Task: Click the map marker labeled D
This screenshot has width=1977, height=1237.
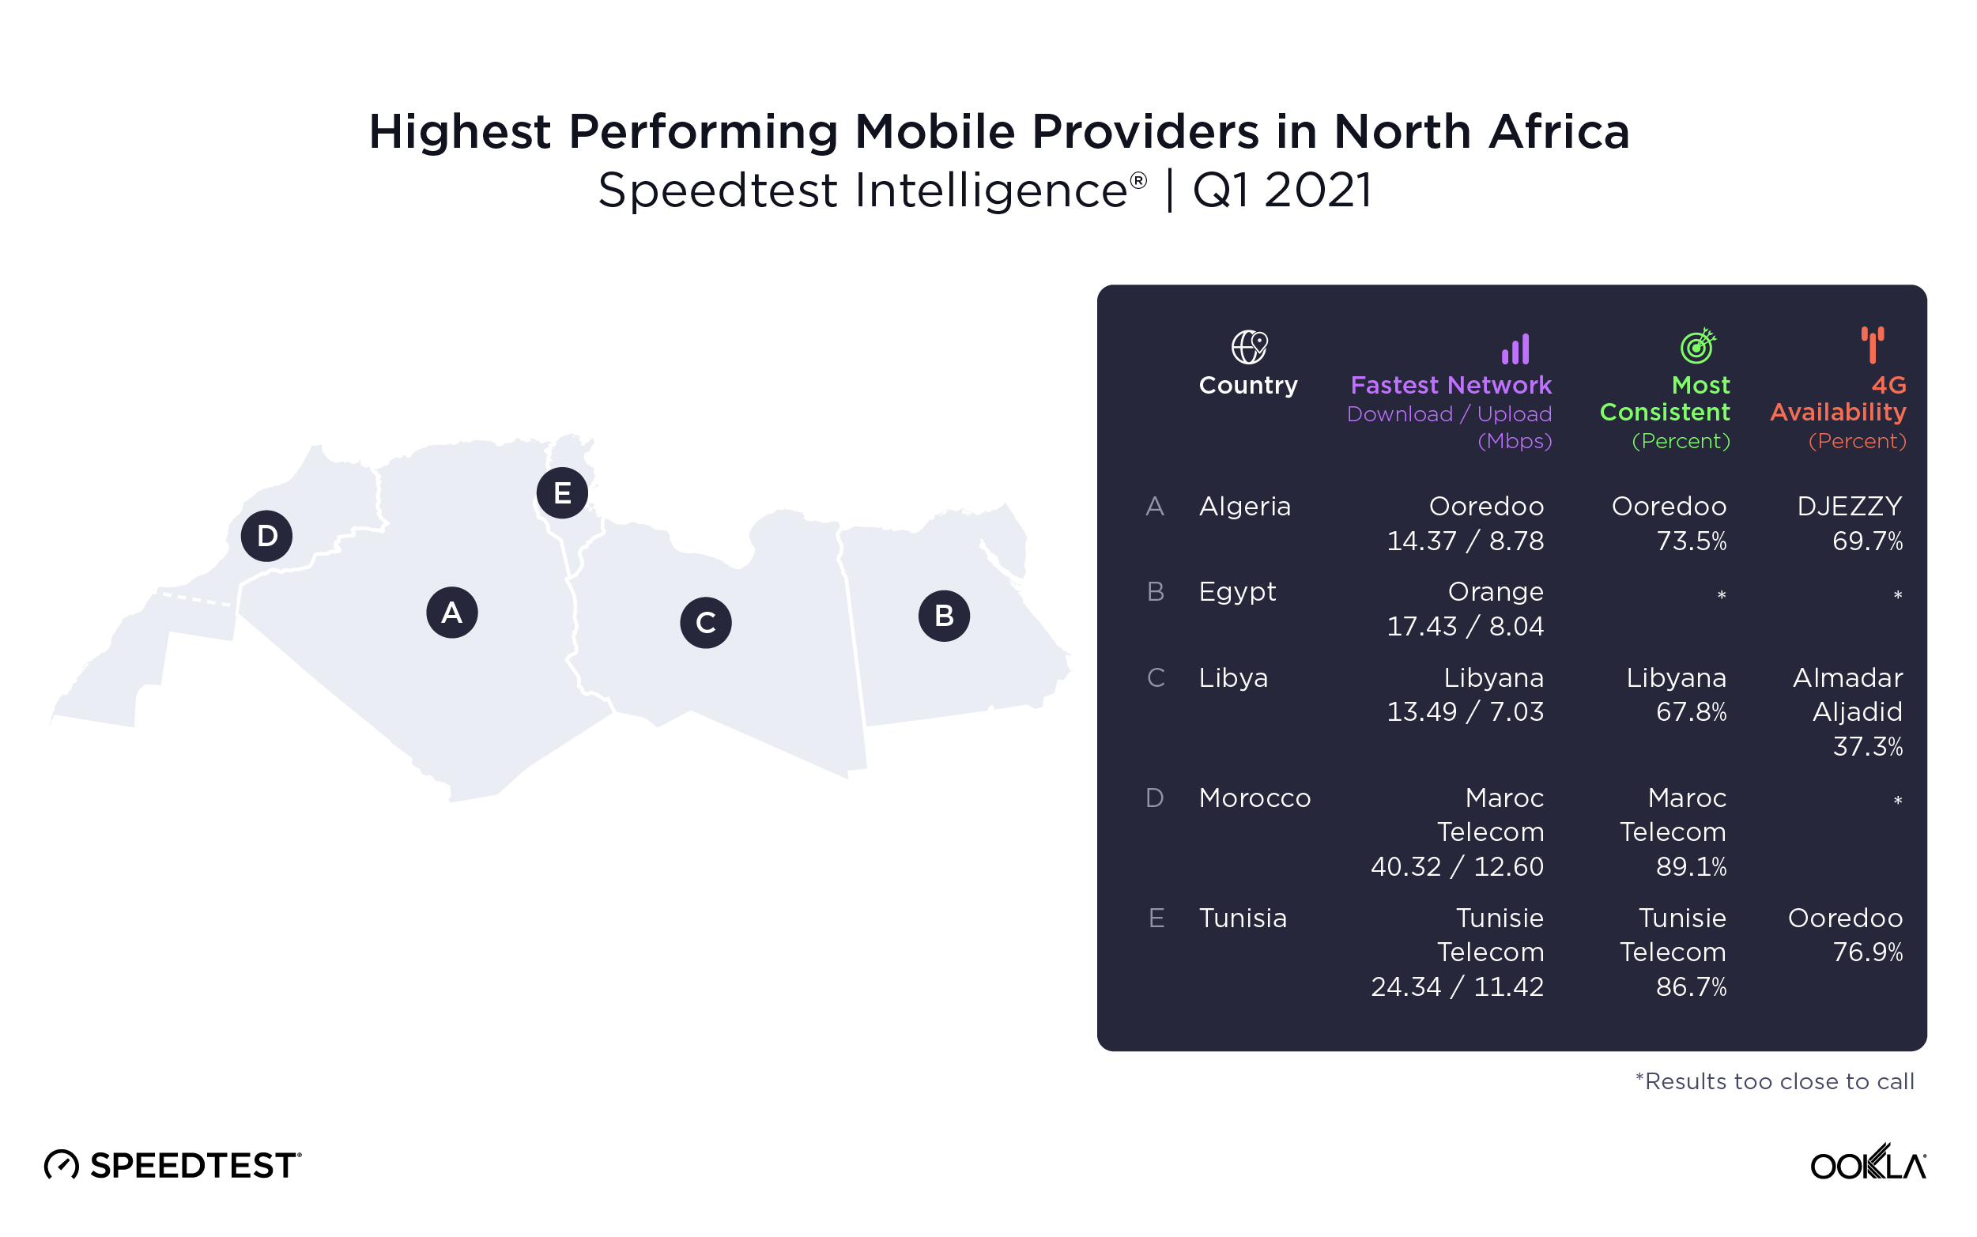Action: click(x=266, y=536)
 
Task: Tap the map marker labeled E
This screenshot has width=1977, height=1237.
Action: click(x=562, y=493)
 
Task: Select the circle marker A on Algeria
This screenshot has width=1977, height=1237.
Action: click(x=451, y=613)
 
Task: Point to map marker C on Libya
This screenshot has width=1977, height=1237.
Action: click(x=705, y=623)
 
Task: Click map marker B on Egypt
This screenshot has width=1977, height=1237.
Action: click(x=944, y=616)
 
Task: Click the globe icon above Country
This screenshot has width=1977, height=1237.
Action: click(x=1249, y=347)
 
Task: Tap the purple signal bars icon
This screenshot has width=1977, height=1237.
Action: click(x=1515, y=349)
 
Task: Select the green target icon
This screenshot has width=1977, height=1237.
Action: click(x=1697, y=346)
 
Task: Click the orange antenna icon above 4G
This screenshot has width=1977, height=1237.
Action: click(x=1873, y=345)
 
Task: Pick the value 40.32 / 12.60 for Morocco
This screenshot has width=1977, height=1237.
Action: click(x=1457, y=866)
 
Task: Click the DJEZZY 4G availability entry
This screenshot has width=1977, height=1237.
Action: click(x=1850, y=507)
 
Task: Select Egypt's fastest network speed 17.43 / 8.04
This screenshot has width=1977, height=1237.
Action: click(x=1465, y=627)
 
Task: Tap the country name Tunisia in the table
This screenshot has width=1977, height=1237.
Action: click(x=1243, y=918)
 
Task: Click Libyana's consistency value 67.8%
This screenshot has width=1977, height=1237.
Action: click(x=1691, y=711)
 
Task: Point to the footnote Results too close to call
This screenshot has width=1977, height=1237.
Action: click(x=1774, y=1081)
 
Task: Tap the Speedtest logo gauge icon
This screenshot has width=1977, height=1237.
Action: click(x=62, y=1164)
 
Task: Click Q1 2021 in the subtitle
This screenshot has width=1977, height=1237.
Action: click(x=1281, y=190)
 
